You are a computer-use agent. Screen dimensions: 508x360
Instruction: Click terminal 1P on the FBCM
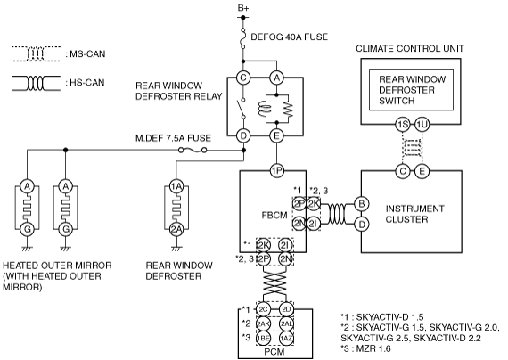tap(276, 170)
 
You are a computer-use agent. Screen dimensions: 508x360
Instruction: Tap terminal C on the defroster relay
tap(243, 78)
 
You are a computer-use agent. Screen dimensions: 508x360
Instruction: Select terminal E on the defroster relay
tap(276, 135)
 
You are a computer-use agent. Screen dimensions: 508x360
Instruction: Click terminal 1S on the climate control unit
tap(403, 124)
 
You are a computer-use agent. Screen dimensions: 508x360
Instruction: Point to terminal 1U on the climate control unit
tap(422, 124)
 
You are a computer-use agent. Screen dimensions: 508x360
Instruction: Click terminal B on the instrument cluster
tap(362, 204)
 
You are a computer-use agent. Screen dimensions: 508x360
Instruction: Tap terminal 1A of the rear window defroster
tap(176, 186)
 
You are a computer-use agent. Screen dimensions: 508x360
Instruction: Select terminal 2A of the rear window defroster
tap(176, 229)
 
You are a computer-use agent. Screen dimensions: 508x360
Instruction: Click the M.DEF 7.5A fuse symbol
tap(193, 150)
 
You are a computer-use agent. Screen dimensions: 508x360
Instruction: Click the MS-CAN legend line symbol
tap(36, 53)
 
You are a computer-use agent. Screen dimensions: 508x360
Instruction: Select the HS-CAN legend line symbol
tap(36, 83)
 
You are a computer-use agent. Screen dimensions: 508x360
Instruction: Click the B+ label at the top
tap(243, 8)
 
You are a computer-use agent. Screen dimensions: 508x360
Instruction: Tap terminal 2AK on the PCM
tap(263, 323)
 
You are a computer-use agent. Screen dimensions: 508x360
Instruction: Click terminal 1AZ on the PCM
tap(286, 338)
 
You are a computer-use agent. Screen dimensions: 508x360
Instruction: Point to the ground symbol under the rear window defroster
tap(176, 249)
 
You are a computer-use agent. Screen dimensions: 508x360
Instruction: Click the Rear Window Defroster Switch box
tap(411, 89)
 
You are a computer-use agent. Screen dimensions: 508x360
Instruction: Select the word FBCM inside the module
tap(274, 215)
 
